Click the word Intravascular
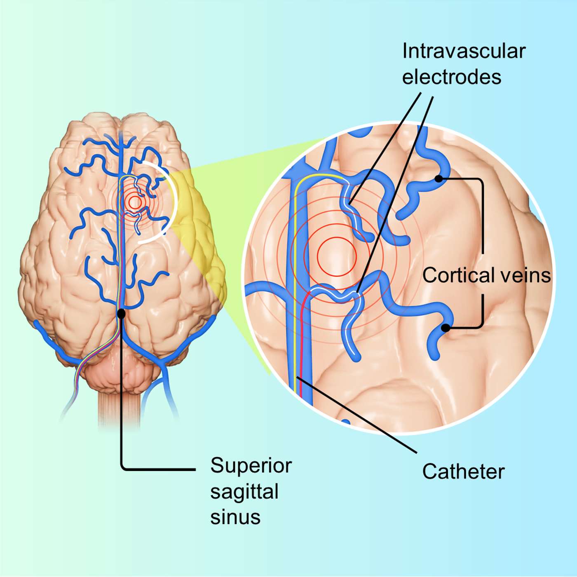click(x=464, y=52)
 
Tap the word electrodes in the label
click(x=452, y=77)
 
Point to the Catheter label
click(x=463, y=471)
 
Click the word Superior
click(x=251, y=466)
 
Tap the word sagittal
click(x=244, y=491)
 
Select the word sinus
click(x=235, y=517)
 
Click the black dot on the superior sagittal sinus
click(x=121, y=314)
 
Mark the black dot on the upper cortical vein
click(x=439, y=179)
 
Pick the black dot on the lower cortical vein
click(x=446, y=328)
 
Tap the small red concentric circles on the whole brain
click(x=135, y=202)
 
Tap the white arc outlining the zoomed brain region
click(x=177, y=202)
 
